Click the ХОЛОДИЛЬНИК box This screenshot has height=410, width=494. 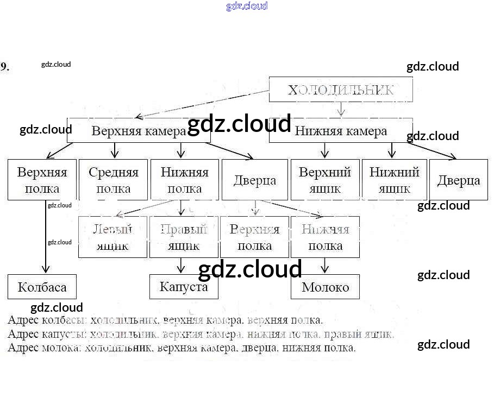pos(341,90)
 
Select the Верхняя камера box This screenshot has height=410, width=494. pos(139,131)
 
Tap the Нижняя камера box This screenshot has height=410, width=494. pos(341,131)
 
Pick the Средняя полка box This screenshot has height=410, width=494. pos(114,180)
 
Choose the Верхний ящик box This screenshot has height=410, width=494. pos(325,180)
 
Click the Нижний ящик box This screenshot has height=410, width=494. pos(395,180)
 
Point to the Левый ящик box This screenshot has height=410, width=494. pos(113,237)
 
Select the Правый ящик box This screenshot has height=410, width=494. pos(184,237)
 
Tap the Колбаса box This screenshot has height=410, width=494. pos(42,287)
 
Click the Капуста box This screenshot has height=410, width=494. pos(184,287)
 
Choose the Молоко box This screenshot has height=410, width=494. pos(325,287)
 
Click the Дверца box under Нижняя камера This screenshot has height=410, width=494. pos(459,180)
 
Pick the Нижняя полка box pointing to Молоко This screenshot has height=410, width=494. pos(325,237)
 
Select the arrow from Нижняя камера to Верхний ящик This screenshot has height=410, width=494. pos(325,150)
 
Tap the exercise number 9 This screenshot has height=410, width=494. pos(4,67)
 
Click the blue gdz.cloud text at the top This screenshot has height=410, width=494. pos(247,7)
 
